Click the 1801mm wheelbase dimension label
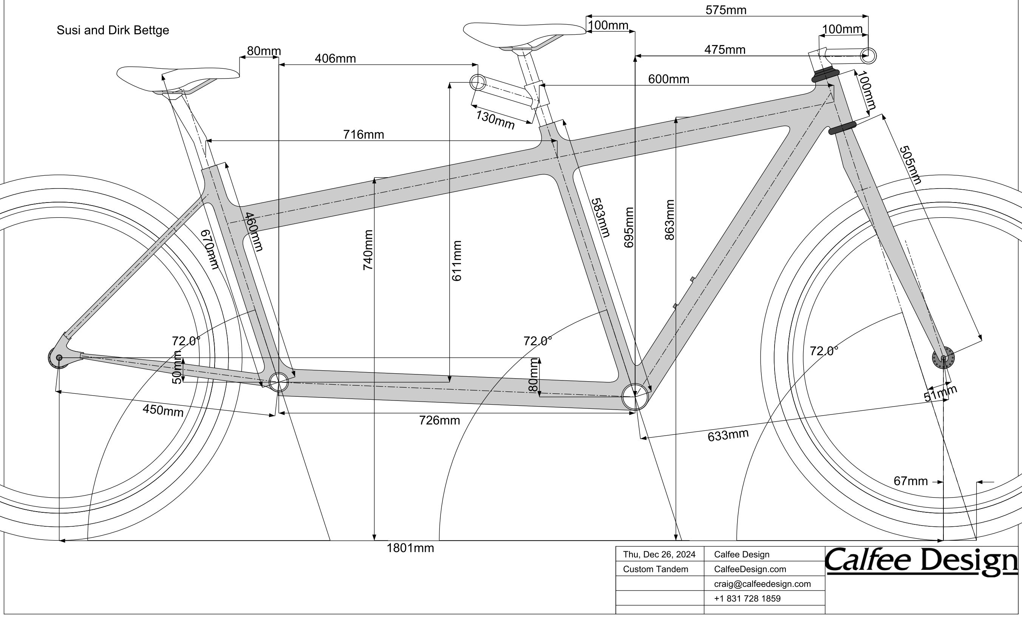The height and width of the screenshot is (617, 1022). pos(410,548)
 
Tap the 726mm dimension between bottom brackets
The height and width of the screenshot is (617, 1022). pos(439,421)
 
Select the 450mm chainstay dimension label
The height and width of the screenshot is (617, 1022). pos(163,410)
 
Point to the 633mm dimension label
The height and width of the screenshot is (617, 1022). pos(728,435)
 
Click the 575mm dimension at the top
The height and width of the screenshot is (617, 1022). pos(726,10)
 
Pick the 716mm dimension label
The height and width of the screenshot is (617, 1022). pos(363,135)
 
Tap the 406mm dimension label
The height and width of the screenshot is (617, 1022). pos(335,59)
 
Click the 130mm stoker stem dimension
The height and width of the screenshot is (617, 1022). pos(495,120)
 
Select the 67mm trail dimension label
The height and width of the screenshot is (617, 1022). pos(911,481)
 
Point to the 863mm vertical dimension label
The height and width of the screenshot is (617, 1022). pos(669,220)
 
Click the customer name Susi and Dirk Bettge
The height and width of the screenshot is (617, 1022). pos(113,30)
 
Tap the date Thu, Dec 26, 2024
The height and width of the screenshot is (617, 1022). pos(659,554)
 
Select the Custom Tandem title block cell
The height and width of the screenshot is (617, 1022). pos(656,569)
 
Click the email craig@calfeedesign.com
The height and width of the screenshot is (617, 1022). pos(762,584)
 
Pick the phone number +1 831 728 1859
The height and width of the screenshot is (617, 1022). pos(747,598)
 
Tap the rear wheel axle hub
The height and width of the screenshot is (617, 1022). pos(59,357)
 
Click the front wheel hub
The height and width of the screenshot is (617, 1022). pos(943,358)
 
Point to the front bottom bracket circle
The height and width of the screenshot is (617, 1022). pos(635,397)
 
